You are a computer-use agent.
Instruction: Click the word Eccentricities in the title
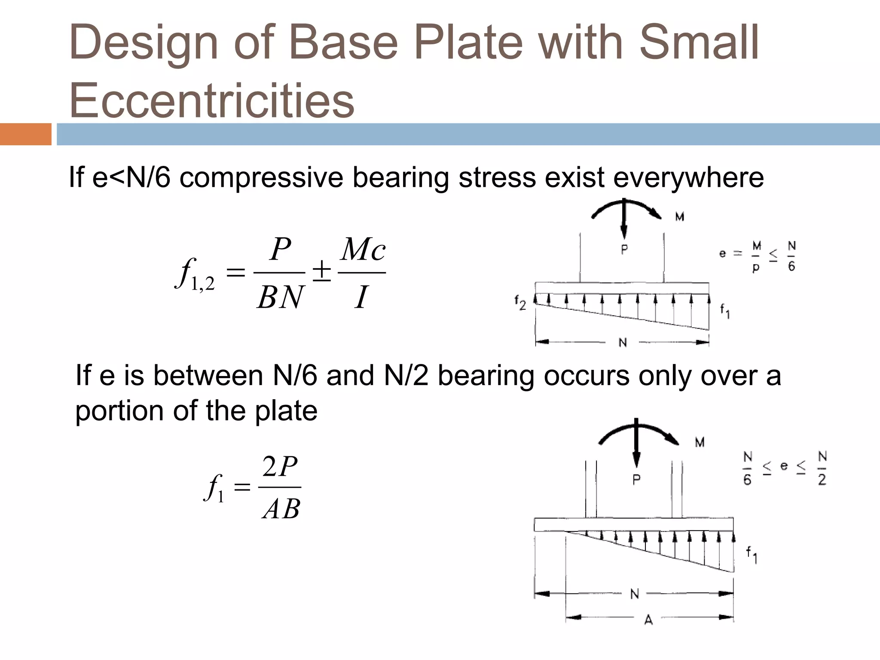211,100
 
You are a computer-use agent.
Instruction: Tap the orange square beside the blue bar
25,134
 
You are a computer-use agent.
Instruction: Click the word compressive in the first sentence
261,177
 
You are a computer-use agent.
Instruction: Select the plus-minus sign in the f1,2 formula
321,272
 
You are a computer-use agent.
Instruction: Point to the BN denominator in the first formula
280,297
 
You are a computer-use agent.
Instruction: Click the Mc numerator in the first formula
362,249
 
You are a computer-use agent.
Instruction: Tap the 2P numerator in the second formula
280,467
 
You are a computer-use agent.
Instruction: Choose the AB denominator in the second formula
281,510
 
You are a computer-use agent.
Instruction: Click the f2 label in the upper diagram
520,303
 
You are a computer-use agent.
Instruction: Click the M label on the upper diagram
679,217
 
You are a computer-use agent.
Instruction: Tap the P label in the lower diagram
636,479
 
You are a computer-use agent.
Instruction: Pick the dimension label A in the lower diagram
648,620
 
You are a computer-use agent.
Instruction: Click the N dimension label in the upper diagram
623,342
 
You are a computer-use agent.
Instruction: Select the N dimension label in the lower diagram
634,594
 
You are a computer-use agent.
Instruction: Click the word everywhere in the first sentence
688,177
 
